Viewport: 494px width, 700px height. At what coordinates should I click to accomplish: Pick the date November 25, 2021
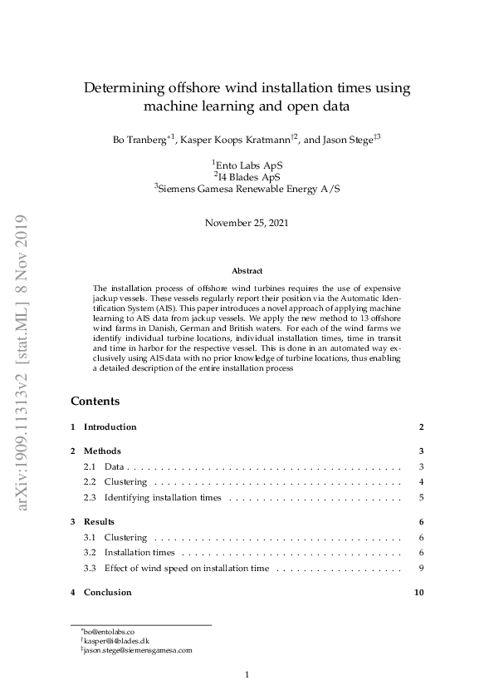(247, 223)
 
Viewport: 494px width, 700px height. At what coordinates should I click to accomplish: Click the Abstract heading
(247, 271)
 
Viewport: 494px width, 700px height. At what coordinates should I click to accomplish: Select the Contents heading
(95, 401)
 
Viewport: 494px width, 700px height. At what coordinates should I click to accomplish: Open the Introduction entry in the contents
(110, 427)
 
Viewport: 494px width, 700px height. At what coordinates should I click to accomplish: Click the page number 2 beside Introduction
(421, 427)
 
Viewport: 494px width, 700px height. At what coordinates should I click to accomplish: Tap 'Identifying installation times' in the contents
(163, 498)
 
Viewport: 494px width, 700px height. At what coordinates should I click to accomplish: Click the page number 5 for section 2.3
(422, 498)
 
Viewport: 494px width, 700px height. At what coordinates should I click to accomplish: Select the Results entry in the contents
(99, 521)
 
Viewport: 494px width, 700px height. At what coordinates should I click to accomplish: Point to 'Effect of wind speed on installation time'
(187, 569)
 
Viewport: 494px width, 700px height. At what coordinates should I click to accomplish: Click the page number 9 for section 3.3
(422, 569)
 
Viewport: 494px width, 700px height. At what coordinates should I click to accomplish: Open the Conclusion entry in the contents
(107, 593)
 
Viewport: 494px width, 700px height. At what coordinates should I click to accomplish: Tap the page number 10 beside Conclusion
(419, 593)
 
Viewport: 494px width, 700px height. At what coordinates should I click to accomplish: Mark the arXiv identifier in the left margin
(21, 374)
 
